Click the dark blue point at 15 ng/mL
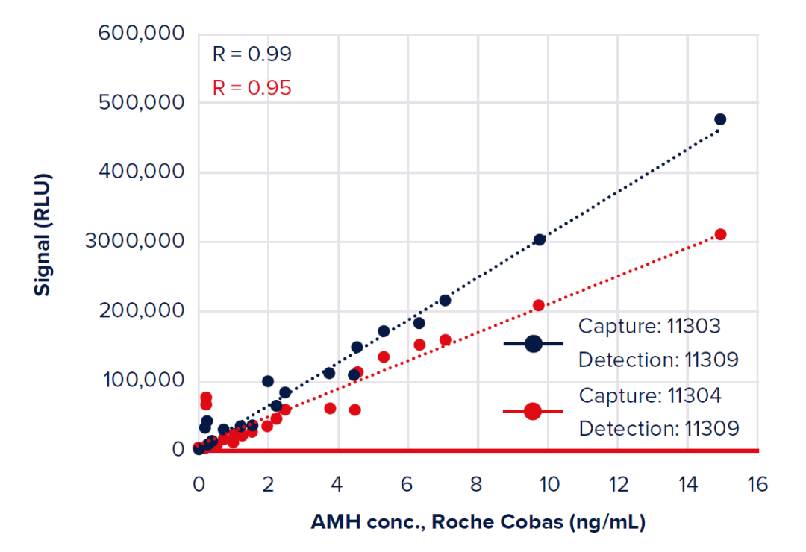pyautogui.click(x=720, y=119)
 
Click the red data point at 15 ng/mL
pyautogui.click(x=720, y=234)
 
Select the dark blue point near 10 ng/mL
pyautogui.click(x=540, y=239)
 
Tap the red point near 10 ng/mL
pyautogui.click(x=539, y=305)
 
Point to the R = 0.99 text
pyautogui.click(x=252, y=54)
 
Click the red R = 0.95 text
pyautogui.click(x=252, y=88)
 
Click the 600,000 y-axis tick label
pyautogui.click(x=142, y=34)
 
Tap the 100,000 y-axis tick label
pyautogui.click(x=142, y=380)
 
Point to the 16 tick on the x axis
pyautogui.click(x=757, y=485)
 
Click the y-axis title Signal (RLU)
pyautogui.click(x=43, y=235)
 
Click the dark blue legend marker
pyautogui.click(x=533, y=343)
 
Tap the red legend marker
pyautogui.click(x=533, y=412)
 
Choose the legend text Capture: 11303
pyautogui.click(x=650, y=326)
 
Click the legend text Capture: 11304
pyautogui.click(x=650, y=395)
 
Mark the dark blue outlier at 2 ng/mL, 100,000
pyautogui.click(x=268, y=381)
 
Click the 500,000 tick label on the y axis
pyautogui.click(x=142, y=103)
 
